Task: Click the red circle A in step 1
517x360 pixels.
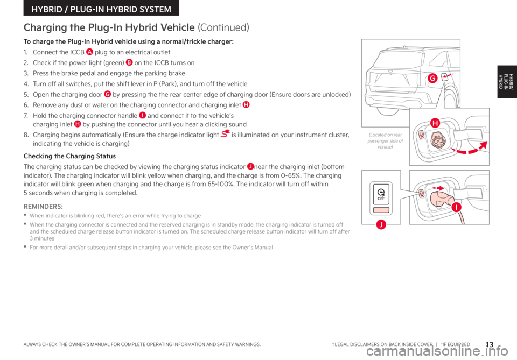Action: click(89, 52)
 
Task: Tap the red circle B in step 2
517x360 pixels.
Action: click(129, 62)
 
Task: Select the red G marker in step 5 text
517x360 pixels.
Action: click(108, 95)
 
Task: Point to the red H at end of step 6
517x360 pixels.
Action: click(246, 105)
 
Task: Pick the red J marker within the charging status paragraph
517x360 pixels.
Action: click(250, 164)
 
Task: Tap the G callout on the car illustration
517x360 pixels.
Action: click(431, 80)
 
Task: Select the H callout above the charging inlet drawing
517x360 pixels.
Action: click(434, 123)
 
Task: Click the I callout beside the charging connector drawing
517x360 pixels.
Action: click(456, 207)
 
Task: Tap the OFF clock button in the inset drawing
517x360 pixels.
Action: click(381, 192)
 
